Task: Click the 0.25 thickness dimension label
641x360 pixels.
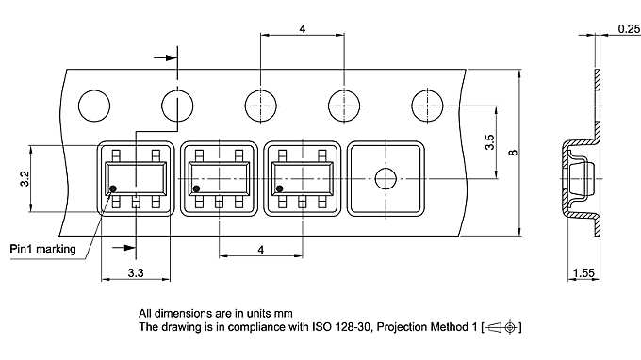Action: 629,29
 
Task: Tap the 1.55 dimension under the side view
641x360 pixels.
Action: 583,272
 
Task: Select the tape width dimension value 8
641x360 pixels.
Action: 513,153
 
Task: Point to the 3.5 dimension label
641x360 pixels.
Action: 490,142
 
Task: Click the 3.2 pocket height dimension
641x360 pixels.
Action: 25,179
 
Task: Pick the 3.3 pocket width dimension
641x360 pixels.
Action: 136,272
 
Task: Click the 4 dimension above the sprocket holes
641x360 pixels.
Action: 302,29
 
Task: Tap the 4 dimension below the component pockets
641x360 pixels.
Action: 261,250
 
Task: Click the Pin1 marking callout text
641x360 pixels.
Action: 43,249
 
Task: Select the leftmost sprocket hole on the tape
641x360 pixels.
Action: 94,106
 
